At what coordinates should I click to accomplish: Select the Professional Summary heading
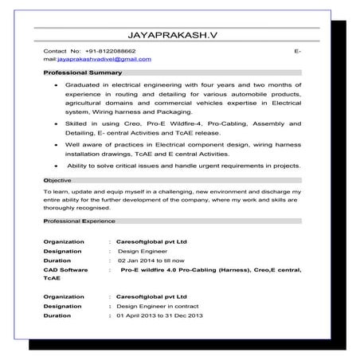pyautogui.click(x=83, y=73)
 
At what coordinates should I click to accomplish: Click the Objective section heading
pyautogui.click(x=57, y=182)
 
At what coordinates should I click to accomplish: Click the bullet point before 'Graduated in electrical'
pyautogui.click(x=54, y=84)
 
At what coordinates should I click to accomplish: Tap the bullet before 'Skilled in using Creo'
pyautogui.click(x=54, y=125)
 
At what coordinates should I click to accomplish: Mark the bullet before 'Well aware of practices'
pyautogui.click(x=54, y=146)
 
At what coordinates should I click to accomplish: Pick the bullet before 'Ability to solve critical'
pyautogui.click(x=54, y=166)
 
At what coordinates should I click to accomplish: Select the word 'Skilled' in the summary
pyautogui.click(x=79, y=124)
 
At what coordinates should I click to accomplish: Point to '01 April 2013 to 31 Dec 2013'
pyautogui.click(x=159, y=316)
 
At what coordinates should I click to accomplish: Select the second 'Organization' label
pyautogui.click(x=65, y=295)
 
